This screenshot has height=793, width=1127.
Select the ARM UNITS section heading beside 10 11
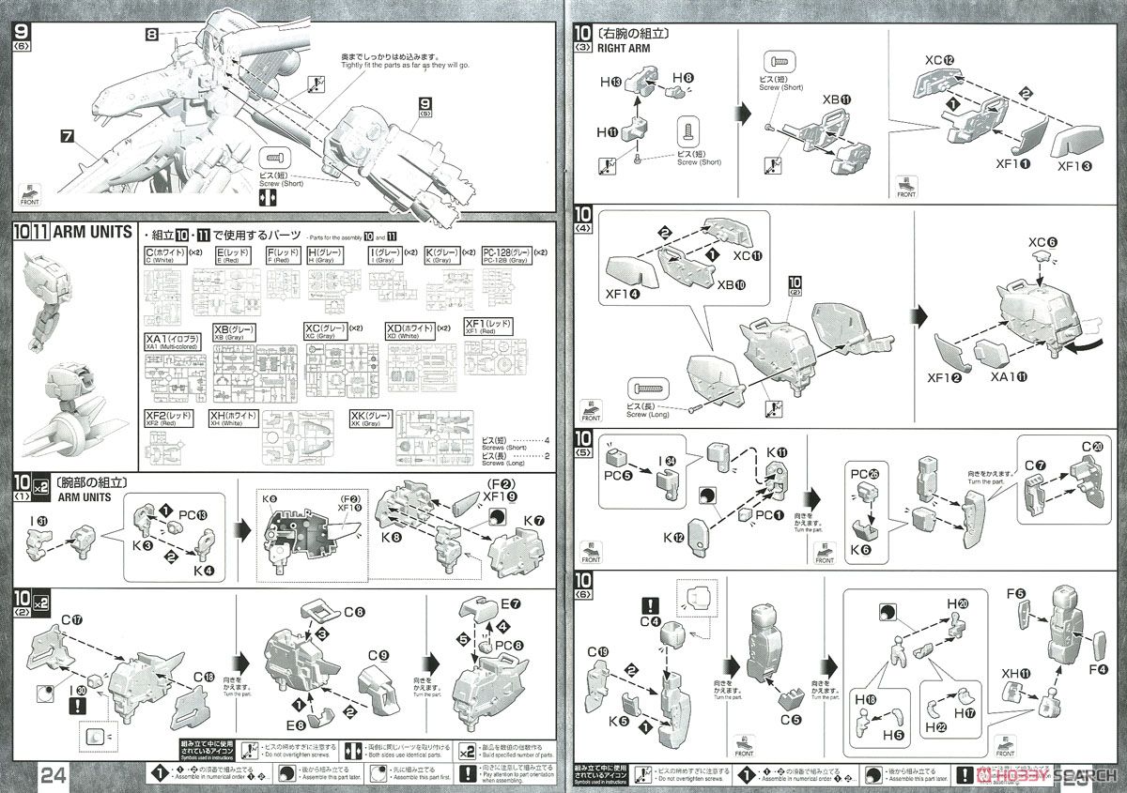point(92,232)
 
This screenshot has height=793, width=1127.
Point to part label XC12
point(939,60)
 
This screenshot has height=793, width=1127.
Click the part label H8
point(682,77)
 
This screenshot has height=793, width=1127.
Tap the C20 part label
point(1089,446)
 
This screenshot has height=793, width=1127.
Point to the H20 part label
point(959,602)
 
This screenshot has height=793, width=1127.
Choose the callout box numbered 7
point(66,136)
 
